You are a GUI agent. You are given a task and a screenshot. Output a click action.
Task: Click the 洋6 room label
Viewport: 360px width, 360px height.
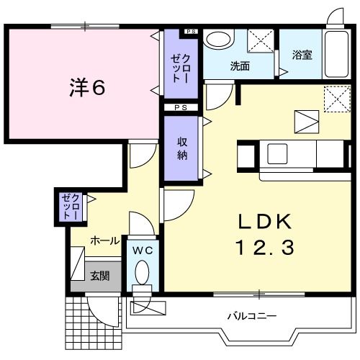coord(88,88)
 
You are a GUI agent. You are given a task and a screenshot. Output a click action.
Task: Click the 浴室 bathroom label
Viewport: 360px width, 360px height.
coord(302,55)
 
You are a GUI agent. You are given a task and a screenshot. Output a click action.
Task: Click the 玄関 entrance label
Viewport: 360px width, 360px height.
coord(100,274)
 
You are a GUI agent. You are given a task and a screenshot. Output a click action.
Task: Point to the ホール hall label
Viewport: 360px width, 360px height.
coord(105,241)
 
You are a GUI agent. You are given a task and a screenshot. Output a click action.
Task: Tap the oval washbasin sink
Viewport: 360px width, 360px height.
coord(217,39)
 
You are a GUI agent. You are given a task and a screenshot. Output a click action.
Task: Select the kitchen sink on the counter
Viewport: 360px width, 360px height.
coord(277,153)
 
